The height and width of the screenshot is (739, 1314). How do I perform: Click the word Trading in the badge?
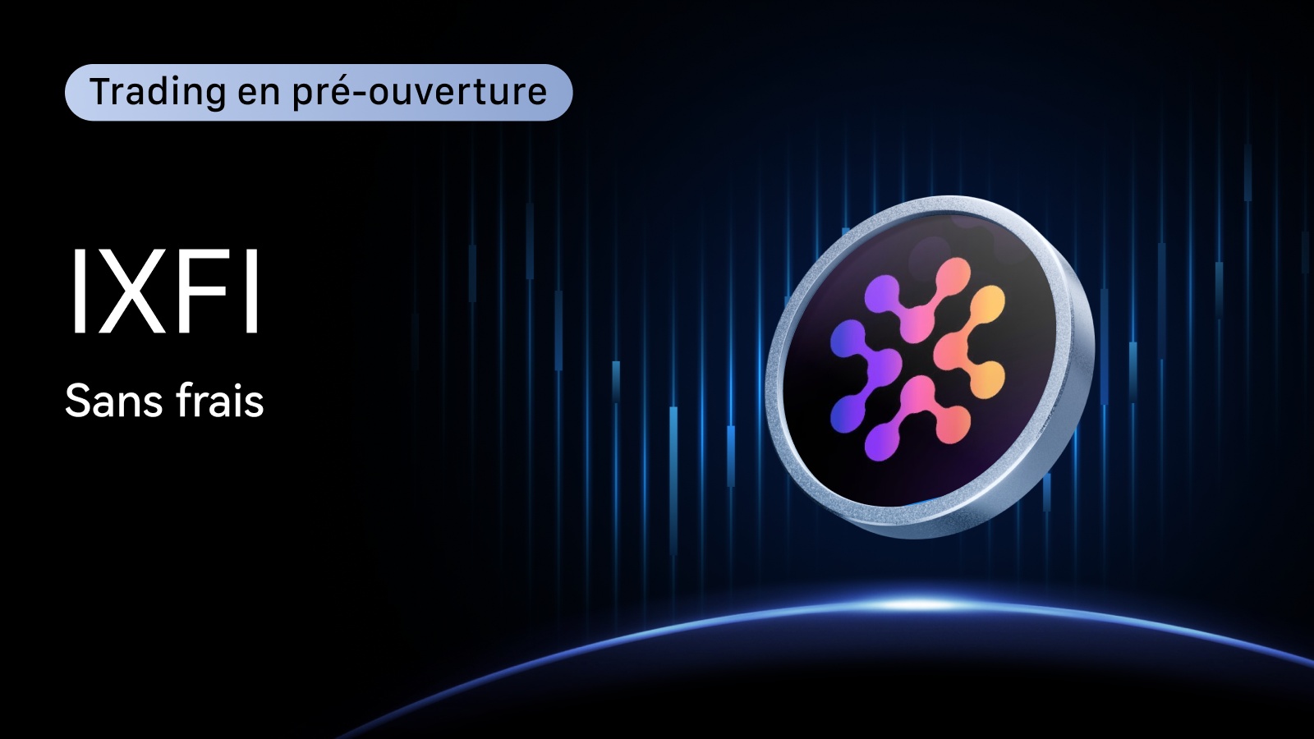pos(158,93)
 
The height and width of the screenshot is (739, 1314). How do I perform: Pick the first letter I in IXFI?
pos(77,291)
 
